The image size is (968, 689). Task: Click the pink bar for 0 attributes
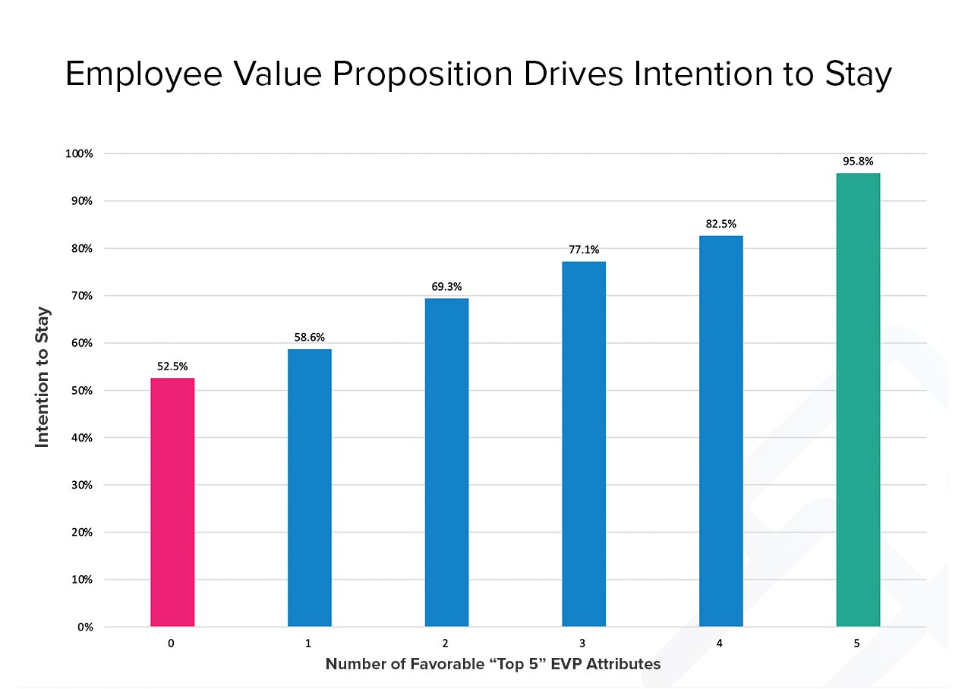coord(172,502)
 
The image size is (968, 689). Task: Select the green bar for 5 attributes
coord(858,400)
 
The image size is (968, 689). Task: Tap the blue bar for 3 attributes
coord(584,444)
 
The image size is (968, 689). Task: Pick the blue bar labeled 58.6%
coord(309,488)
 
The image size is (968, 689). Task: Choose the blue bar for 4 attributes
coord(720,431)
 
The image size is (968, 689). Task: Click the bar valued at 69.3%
coord(446,462)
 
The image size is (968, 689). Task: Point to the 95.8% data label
coord(858,161)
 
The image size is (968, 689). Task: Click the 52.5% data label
coord(172,366)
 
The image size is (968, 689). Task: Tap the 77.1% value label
coord(584,249)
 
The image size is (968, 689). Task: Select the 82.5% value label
coord(720,224)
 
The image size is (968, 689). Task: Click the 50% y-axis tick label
coord(81,391)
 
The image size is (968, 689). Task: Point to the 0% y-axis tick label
coord(84,628)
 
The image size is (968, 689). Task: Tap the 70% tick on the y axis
coord(81,296)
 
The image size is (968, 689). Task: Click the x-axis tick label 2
coord(446,643)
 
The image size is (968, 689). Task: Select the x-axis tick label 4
coord(720,643)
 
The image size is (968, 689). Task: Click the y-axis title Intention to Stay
coord(43,376)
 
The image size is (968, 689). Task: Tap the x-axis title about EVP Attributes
coord(493,664)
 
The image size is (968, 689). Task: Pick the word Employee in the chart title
coord(147,75)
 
